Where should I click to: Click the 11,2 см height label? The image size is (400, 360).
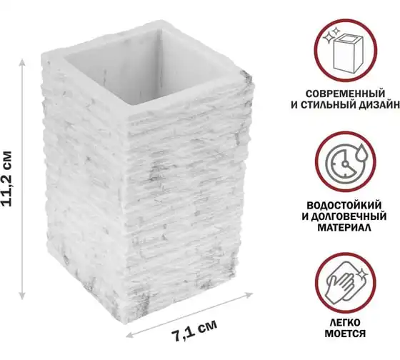click(x=6, y=179)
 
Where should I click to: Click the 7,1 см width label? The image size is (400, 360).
click(x=194, y=331)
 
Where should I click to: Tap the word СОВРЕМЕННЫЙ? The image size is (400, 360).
click(x=345, y=94)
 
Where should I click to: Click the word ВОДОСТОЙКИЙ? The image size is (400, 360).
click(x=344, y=206)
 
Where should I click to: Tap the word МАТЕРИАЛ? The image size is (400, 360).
click(x=344, y=228)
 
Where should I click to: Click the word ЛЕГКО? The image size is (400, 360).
click(x=345, y=322)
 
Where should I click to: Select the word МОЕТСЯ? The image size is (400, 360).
click(x=345, y=334)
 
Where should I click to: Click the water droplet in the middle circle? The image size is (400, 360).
click(x=361, y=152)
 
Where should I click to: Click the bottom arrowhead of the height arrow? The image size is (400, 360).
click(x=22, y=296)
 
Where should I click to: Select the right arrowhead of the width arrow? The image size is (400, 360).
click(x=249, y=296)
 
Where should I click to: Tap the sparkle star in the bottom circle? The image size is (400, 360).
click(x=361, y=275)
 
